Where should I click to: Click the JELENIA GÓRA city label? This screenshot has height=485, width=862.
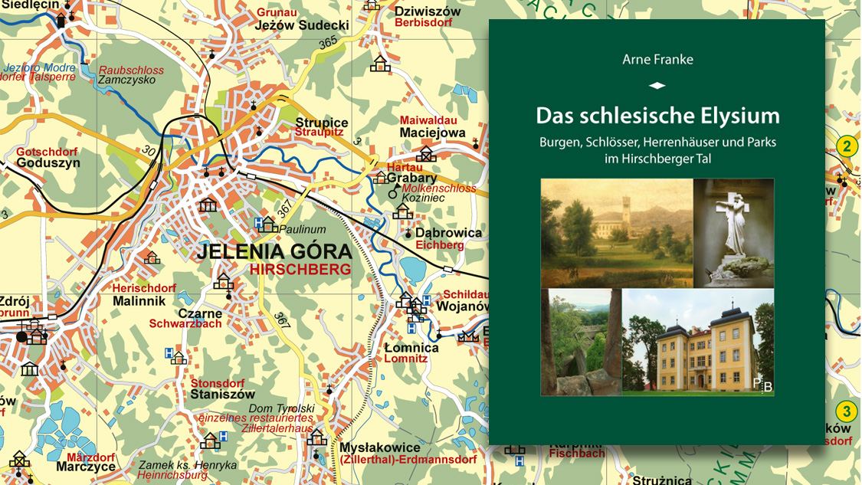tap(274, 252)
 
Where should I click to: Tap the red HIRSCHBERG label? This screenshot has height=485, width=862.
tap(300, 269)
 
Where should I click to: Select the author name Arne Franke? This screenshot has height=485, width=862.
tap(657, 60)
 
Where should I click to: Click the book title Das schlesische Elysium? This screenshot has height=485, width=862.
tap(657, 116)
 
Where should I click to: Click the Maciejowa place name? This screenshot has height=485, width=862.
tap(433, 133)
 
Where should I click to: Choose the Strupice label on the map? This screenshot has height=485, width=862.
tap(322, 123)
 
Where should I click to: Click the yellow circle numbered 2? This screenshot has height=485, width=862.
tap(846, 146)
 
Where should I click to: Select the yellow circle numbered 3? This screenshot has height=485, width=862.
tap(846, 411)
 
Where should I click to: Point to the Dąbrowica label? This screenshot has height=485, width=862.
tap(449, 233)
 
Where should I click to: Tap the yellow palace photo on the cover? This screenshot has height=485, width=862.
tap(697, 342)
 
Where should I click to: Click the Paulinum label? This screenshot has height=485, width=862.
tap(302, 228)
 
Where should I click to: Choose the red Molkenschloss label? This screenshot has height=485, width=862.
tap(442, 188)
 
